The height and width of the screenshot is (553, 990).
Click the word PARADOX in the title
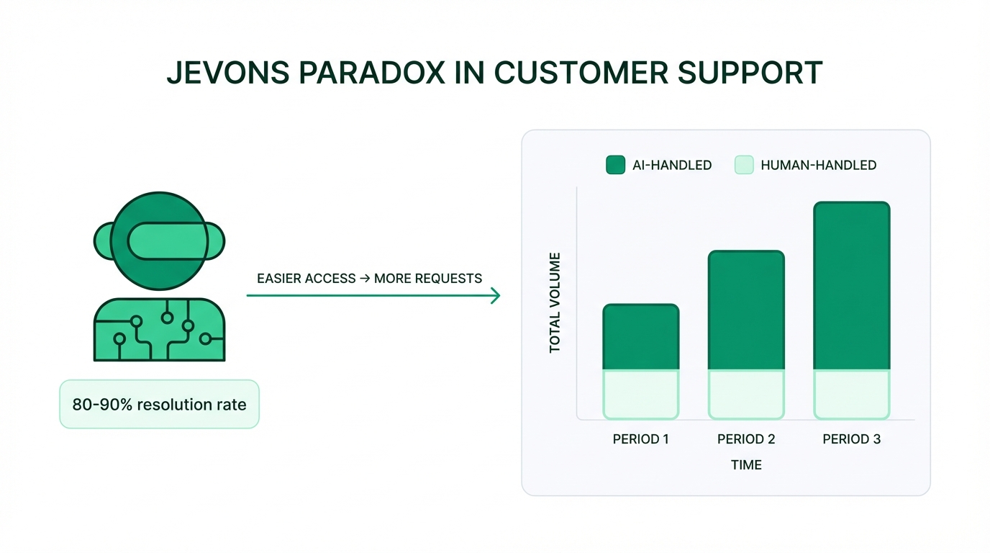[369, 73]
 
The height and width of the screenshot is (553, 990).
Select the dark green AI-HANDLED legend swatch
[615, 165]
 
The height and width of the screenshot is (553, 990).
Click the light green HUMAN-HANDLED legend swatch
[743, 165]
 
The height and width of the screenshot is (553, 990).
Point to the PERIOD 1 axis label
[640, 439]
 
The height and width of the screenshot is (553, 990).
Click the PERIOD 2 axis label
[746, 439]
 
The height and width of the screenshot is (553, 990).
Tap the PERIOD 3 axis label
[851, 439]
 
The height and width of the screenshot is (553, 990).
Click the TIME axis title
[746, 465]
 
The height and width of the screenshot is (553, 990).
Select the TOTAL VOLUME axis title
[555, 302]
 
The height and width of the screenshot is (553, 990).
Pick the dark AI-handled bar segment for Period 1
[640, 337]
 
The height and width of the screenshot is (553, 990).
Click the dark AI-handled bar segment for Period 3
[851, 286]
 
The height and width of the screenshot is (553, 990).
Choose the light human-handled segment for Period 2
[746, 394]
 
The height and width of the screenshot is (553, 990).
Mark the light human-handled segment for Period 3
[851, 394]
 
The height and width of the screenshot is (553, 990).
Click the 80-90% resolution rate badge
[159, 404]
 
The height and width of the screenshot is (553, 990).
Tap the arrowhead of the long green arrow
[495, 295]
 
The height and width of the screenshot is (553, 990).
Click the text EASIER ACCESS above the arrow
[306, 279]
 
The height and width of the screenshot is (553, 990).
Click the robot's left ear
[102, 240]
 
